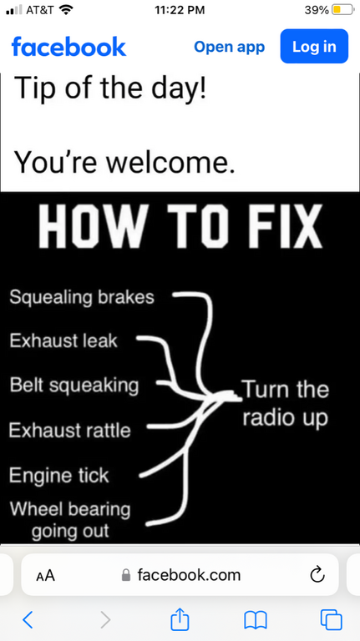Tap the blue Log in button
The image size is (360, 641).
pyautogui.click(x=314, y=46)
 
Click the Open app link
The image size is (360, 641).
pyautogui.click(x=229, y=47)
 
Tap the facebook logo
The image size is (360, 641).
pyautogui.click(x=68, y=46)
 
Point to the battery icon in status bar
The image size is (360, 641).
pyautogui.click(x=342, y=10)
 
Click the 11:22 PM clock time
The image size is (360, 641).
pyautogui.click(x=180, y=10)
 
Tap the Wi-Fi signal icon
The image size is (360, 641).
pyautogui.click(x=65, y=9)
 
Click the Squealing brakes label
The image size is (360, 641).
pyautogui.click(x=82, y=298)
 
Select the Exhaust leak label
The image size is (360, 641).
pyautogui.click(x=63, y=341)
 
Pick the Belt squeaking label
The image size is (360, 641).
pyautogui.click(x=74, y=386)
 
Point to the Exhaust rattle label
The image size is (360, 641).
pyautogui.click(x=69, y=431)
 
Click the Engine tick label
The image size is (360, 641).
pyautogui.click(x=59, y=476)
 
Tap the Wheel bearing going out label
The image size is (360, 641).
pyautogui.click(x=70, y=520)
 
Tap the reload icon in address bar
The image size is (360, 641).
pyautogui.click(x=317, y=575)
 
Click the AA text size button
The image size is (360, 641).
pyautogui.click(x=45, y=576)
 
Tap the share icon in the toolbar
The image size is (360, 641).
pyautogui.click(x=180, y=619)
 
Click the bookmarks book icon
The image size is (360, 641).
pyautogui.click(x=256, y=620)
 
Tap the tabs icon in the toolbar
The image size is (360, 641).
pyautogui.click(x=332, y=620)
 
